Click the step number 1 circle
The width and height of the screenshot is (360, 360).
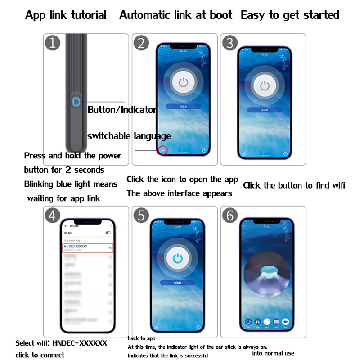click(x=53, y=43)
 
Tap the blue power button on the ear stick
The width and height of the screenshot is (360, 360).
click(x=76, y=101)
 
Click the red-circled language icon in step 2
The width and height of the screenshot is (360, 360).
click(x=163, y=151)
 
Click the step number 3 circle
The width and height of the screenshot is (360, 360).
click(x=230, y=43)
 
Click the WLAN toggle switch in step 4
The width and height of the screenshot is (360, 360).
click(x=108, y=233)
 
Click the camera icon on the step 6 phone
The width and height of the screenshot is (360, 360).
click(x=276, y=322)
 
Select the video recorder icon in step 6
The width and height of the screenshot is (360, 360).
click(x=285, y=322)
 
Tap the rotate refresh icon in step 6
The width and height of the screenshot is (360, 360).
click(x=248, y=322)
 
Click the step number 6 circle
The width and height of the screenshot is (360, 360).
click(x=230, y=216)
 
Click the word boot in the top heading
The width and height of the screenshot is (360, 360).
click(x=220, y=15)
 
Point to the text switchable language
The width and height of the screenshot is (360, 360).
click(x=129, y=136)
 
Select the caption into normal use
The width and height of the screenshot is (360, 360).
click(x=273, y=352)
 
